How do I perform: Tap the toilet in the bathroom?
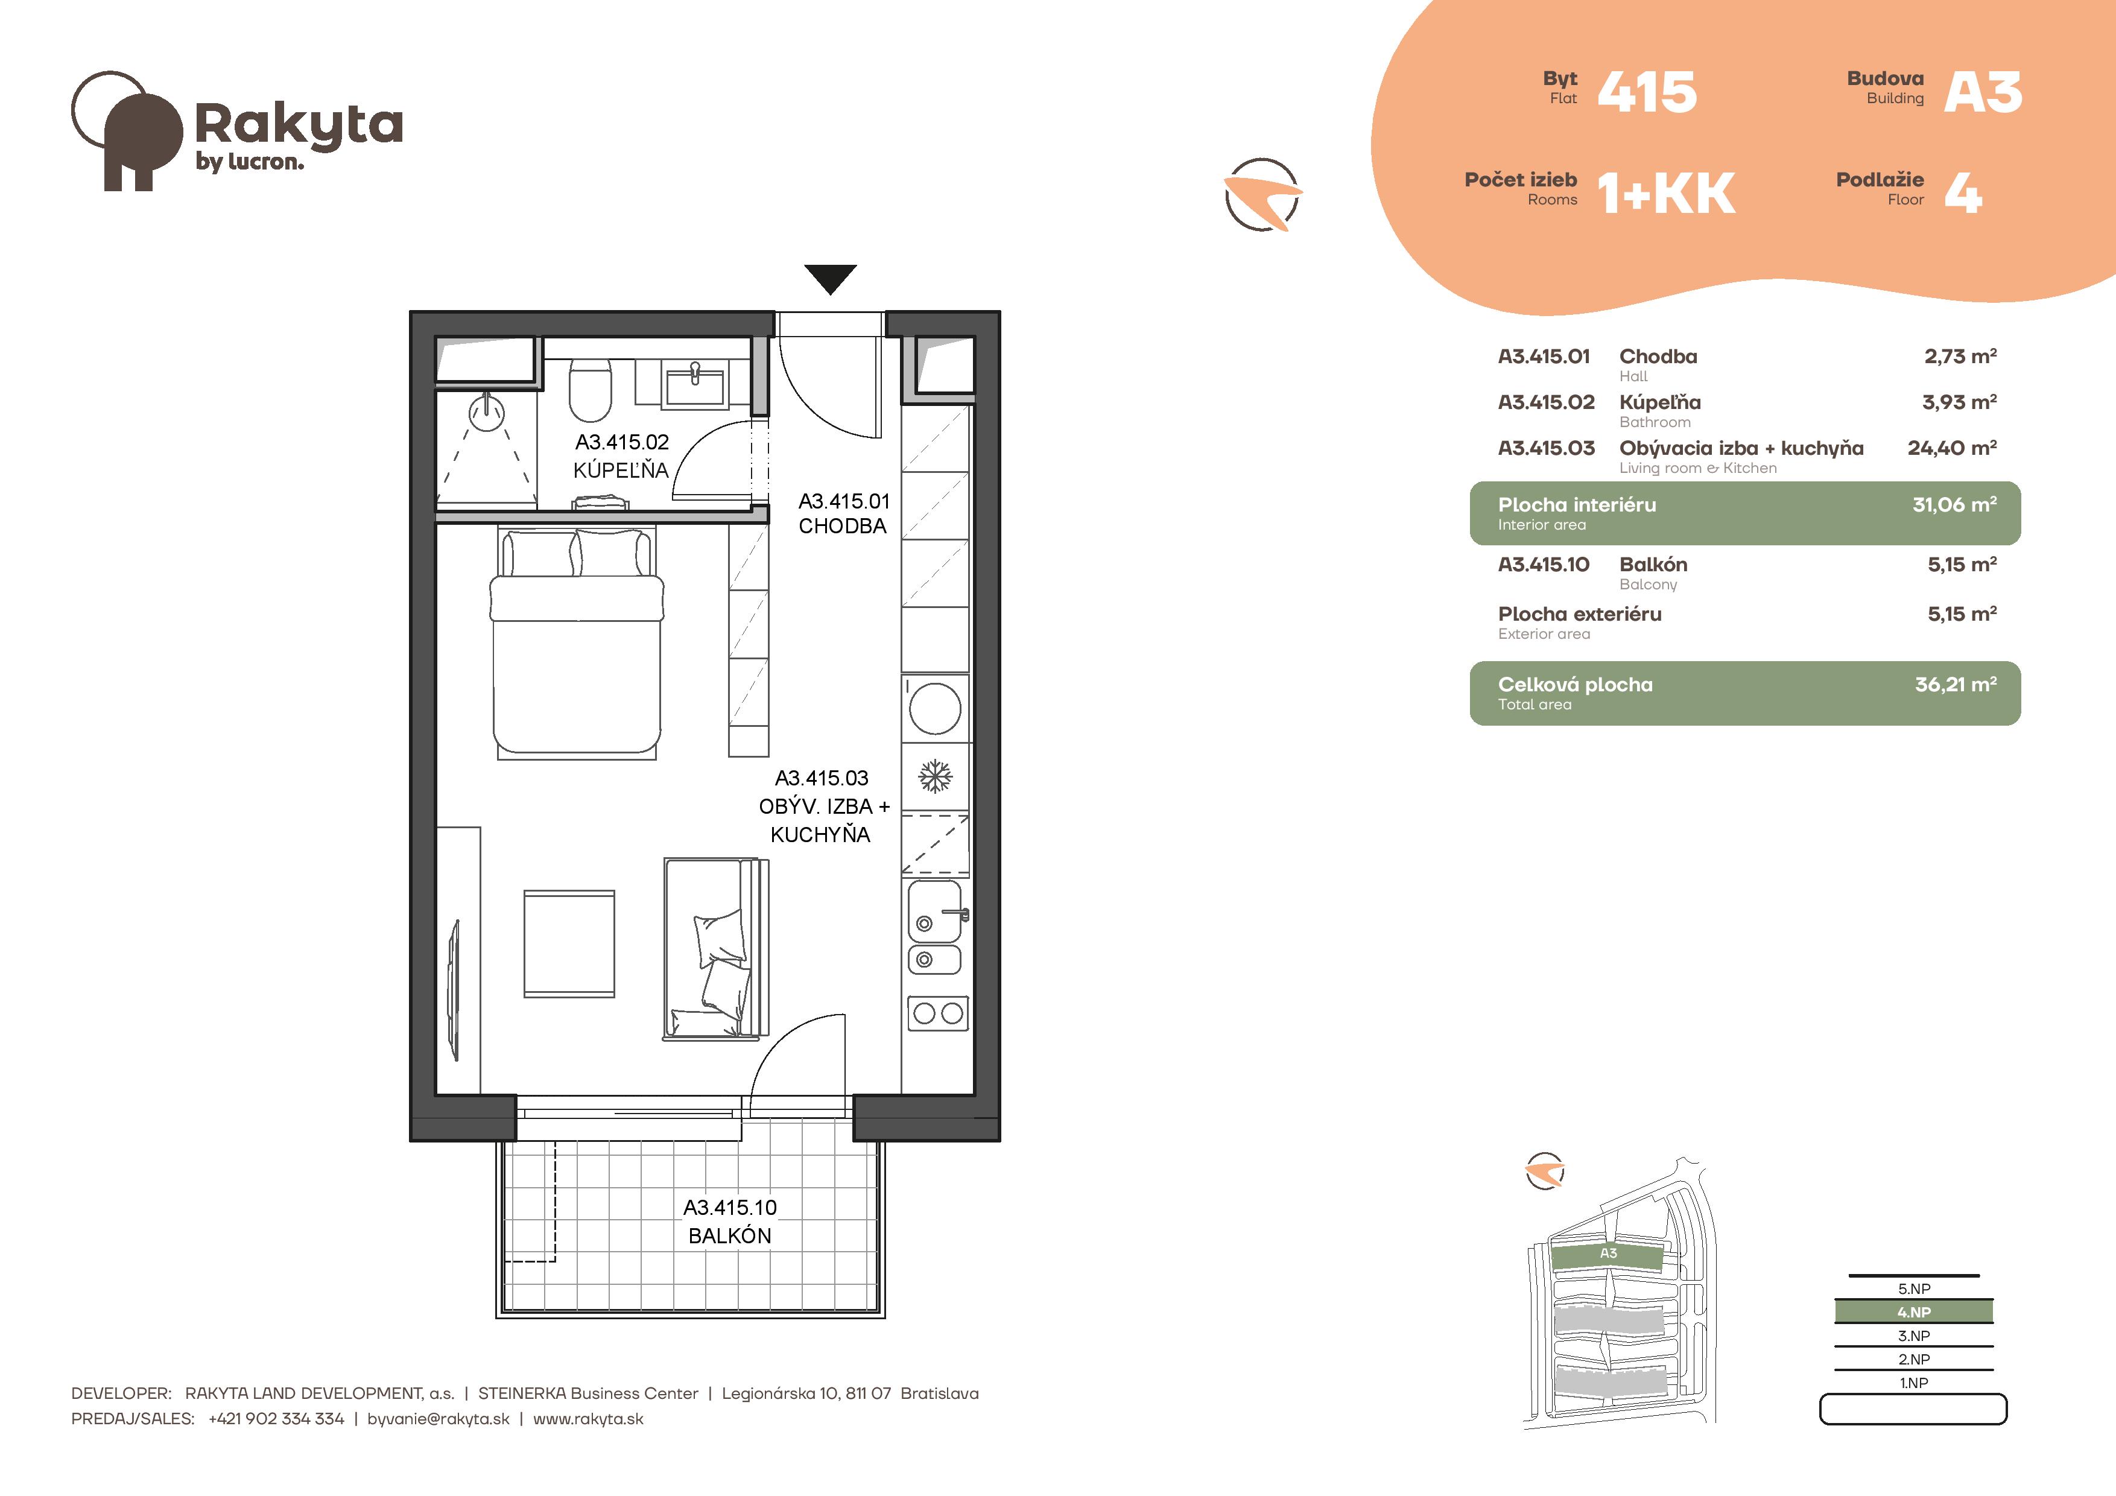(x=591, y=390)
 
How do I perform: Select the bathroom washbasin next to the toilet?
(x=695, y=382)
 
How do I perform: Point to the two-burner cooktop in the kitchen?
(x=938, y=1014)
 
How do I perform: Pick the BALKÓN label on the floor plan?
(x=730, y=1236)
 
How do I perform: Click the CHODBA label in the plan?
(x=842, y=527)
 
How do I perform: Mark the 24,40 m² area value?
(x=1952, y=448)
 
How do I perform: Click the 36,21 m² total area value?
(x=1956, y=684)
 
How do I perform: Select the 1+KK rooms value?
(x=1666, y=194)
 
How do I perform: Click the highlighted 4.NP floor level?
(x=1914, y=1311)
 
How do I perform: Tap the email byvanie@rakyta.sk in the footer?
(x=438, y=1419)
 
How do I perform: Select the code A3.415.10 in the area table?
(x=1544, y=564)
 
